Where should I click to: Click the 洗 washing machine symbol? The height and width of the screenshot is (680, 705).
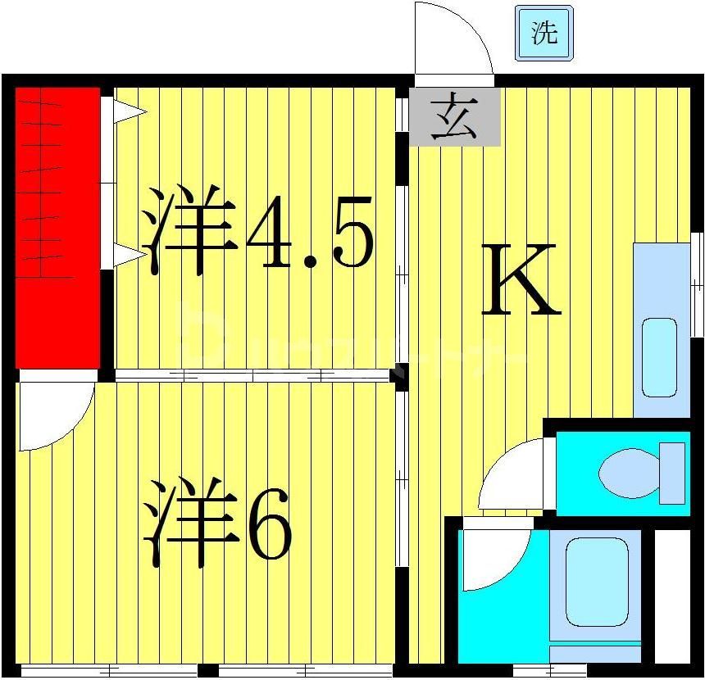point(543,33)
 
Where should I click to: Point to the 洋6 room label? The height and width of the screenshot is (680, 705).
point(217,524)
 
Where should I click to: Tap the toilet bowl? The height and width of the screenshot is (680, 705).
point(628,472)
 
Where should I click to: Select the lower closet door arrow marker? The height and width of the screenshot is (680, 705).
point(129,256)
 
